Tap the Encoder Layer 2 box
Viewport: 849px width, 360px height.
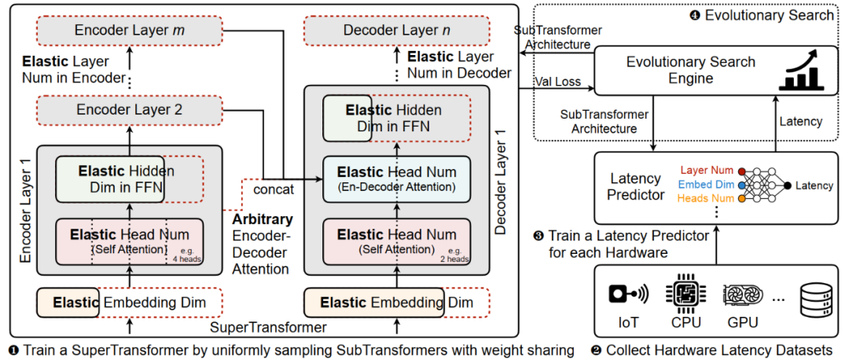coord(129,110)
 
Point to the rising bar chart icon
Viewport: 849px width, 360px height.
coord(802,69)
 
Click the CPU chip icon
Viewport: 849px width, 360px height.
coord(682,293)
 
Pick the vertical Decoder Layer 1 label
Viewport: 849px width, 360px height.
coord(501,186)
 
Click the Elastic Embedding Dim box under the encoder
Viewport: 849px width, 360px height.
coord(129,303)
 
